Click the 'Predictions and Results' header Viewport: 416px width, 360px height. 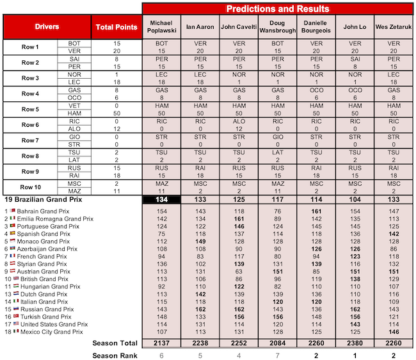(278, 8)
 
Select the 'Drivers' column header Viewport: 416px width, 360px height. (48, 27)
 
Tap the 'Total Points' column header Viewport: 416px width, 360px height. (116, 27)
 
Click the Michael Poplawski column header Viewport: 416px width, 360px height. (162, 27)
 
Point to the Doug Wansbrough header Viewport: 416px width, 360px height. (278, 27)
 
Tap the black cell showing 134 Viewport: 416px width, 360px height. (162, 200)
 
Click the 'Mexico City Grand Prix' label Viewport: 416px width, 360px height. (48, 332)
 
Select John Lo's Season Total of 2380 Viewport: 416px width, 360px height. (355, 343)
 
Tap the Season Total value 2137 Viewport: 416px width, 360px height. (162, 343)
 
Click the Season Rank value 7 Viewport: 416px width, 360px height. (278, 355)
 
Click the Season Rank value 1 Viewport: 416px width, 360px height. (355, 355)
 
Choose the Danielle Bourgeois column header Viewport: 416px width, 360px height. (316, 27)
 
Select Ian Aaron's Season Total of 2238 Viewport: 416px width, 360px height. (201, 343)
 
